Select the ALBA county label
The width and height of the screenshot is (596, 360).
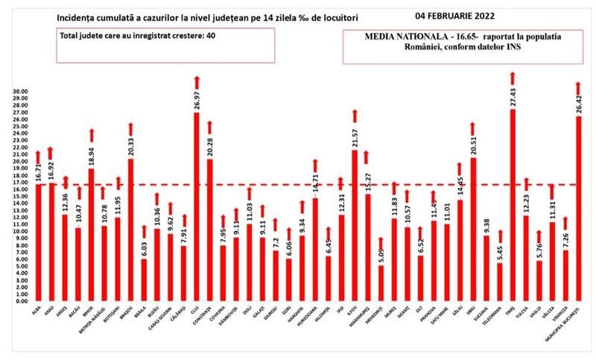37,312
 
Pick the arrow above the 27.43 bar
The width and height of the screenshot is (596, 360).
512,78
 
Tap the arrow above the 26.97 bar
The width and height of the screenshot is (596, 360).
196,81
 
